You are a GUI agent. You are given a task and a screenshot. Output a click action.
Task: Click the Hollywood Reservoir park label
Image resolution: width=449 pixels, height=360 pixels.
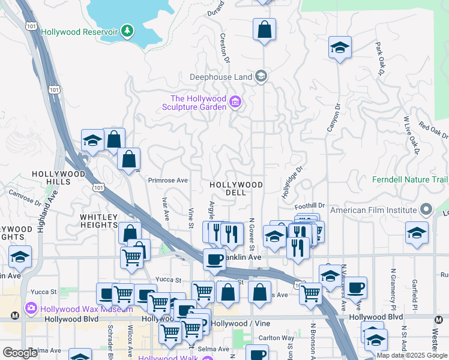point(79,31)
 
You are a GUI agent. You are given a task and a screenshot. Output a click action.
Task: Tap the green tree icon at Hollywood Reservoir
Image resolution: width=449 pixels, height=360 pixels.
point(127,30)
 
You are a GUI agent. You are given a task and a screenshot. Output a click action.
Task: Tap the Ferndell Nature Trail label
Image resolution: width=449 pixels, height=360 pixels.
point(410,179)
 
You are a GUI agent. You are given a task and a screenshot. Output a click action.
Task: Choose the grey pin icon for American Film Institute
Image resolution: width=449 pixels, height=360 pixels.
point(426,210)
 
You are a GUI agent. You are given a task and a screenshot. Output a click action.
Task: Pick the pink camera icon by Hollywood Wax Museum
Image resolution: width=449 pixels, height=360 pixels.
point(31,310)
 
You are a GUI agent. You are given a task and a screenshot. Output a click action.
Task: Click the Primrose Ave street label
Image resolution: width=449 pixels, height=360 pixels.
point(169,180)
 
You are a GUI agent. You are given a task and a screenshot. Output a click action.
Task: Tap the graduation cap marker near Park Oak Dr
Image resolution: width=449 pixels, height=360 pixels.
point(340,49)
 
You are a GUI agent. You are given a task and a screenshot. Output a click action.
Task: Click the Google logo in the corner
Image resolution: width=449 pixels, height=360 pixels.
point(20,353)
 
